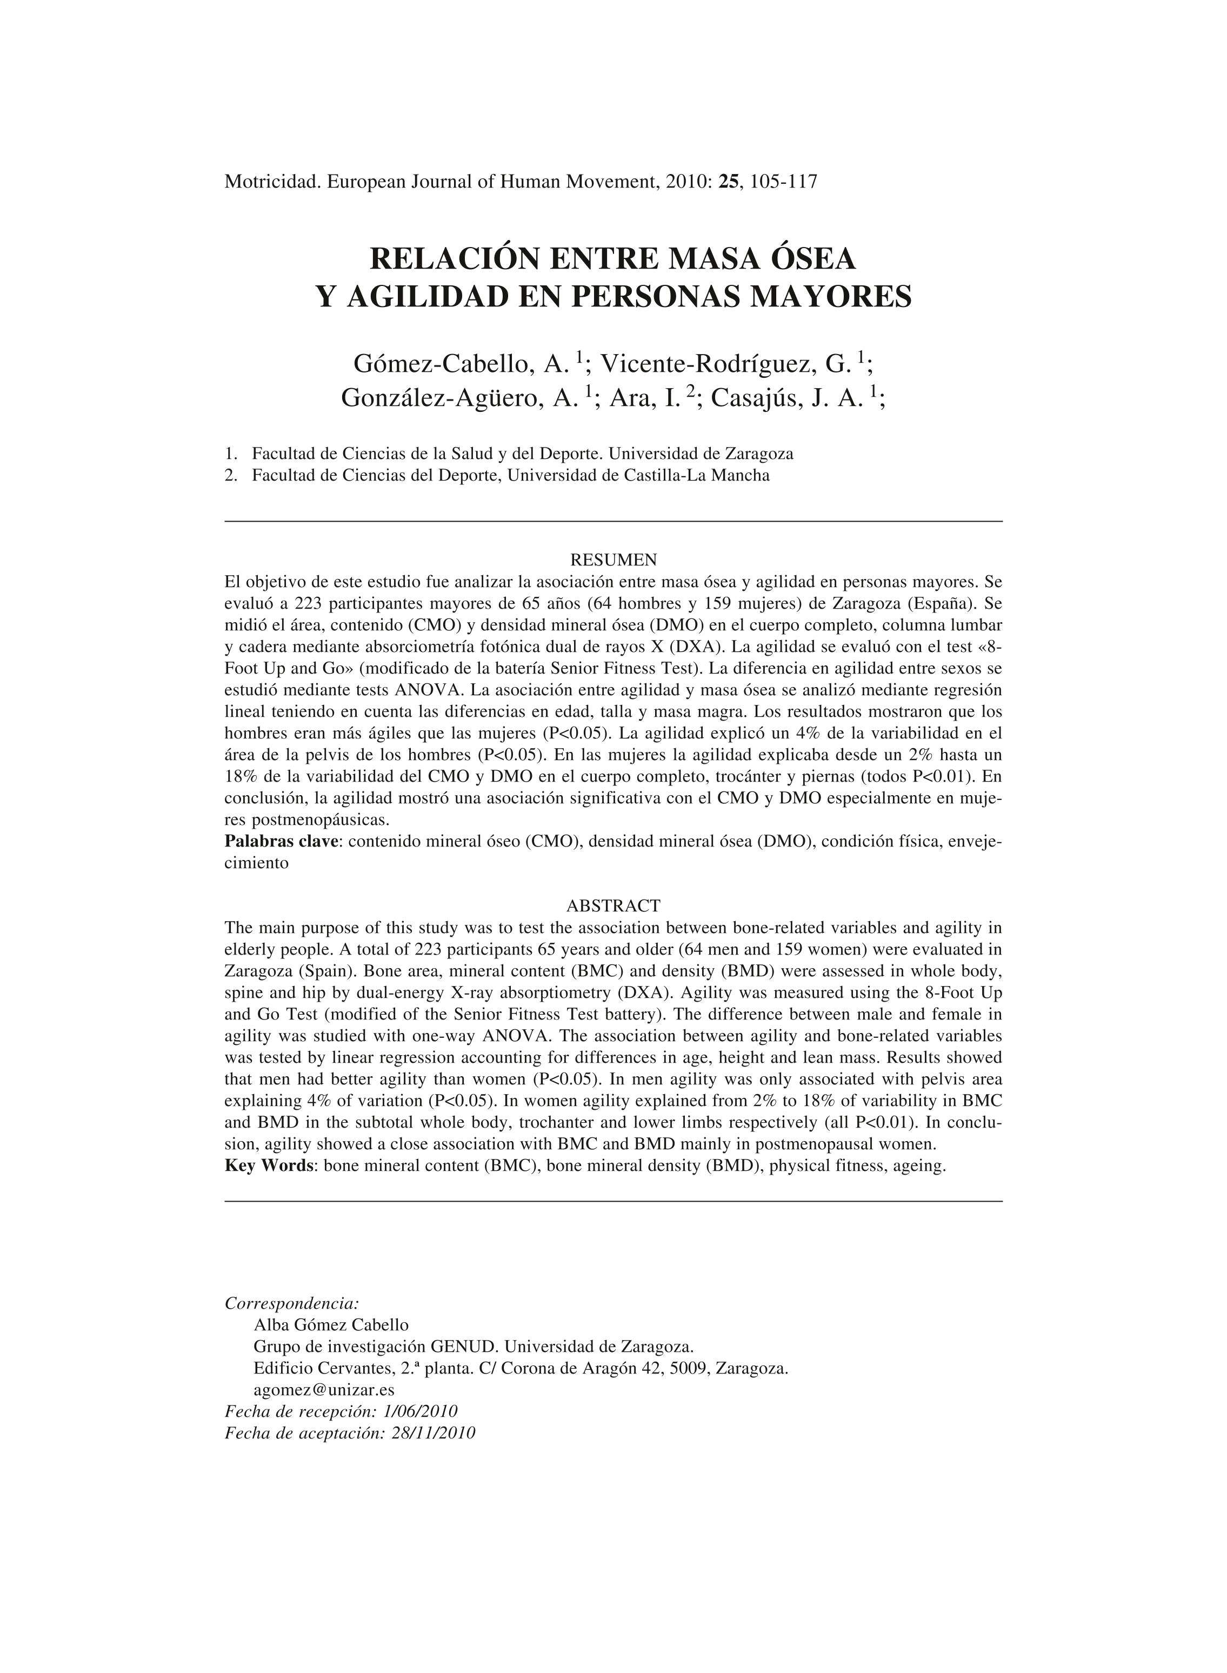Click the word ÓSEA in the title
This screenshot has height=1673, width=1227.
click(812, 258)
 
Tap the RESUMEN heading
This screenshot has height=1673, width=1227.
click(613, 558)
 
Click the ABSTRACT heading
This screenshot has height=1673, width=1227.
click(613, 906)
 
